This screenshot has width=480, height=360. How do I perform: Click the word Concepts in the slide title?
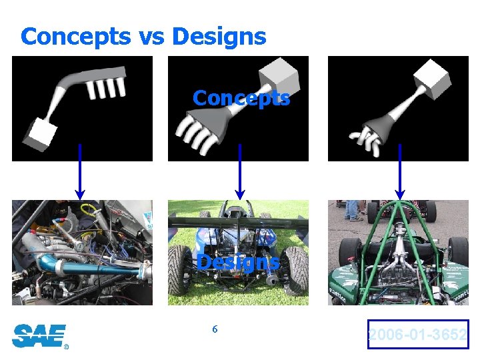[x=76, y=37]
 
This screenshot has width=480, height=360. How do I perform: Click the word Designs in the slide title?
[x=219, y=37]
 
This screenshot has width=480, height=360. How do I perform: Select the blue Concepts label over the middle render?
[x=241, y=99]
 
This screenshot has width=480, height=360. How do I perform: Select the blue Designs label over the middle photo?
[x=237, y=263]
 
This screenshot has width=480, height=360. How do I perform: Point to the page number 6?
[x=215, y=329]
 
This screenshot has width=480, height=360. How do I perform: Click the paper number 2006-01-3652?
[x=418, y=335]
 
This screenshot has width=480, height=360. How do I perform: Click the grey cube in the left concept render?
[x=38, y=134]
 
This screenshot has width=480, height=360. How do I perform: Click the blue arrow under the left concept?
[x=80, y=171]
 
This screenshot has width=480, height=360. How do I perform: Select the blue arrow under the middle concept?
[x=239, y=171]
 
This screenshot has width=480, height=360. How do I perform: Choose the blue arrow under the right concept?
[x=399, y=171]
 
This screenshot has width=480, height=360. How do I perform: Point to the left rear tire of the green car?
[x=349, y=253]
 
